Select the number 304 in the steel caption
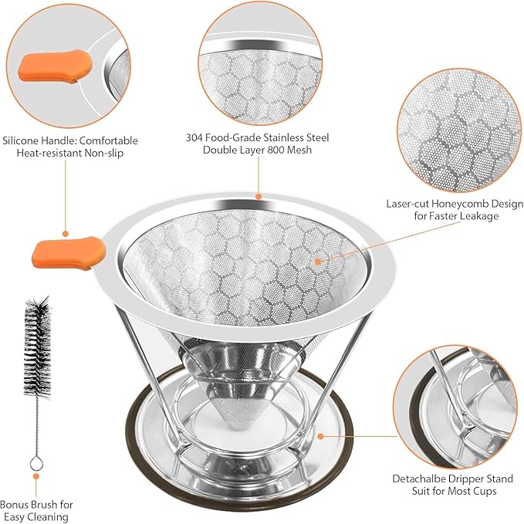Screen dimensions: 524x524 [x=196, y=137]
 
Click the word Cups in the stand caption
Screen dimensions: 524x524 [x=482, y=490]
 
